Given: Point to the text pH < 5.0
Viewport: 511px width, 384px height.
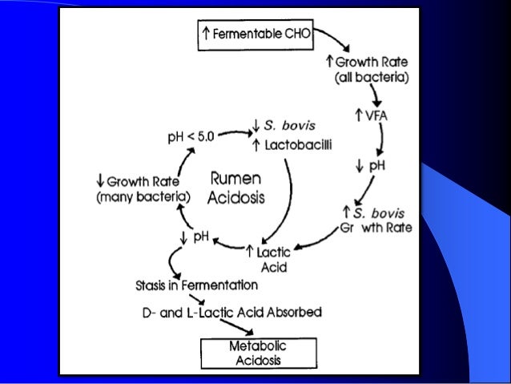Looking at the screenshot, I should tap(193, 137).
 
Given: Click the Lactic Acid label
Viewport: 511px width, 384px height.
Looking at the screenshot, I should tap(274, 259).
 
